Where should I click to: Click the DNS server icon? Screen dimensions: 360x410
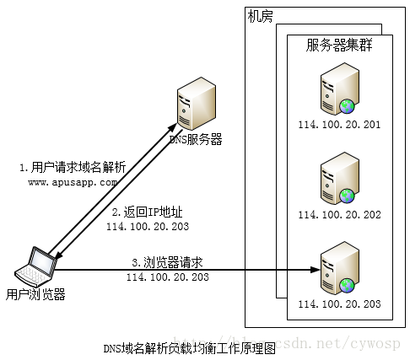(195, 105)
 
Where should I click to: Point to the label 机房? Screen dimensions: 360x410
(261, 16)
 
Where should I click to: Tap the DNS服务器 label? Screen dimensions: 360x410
(196, 140)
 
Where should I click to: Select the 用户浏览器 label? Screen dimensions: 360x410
(35, 294)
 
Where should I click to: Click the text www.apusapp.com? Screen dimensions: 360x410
(73, 181)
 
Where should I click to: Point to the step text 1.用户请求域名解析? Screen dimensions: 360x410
(73, 167)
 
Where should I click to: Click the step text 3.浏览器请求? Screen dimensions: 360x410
(167, 261)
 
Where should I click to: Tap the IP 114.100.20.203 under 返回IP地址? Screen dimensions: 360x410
(148, 227)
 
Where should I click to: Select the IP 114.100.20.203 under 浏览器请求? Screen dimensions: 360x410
(168, 277)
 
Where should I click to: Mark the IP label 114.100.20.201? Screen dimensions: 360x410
(339, 125)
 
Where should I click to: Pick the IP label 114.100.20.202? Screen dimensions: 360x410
(339, 215)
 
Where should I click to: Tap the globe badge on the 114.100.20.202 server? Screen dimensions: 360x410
(348, 196)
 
